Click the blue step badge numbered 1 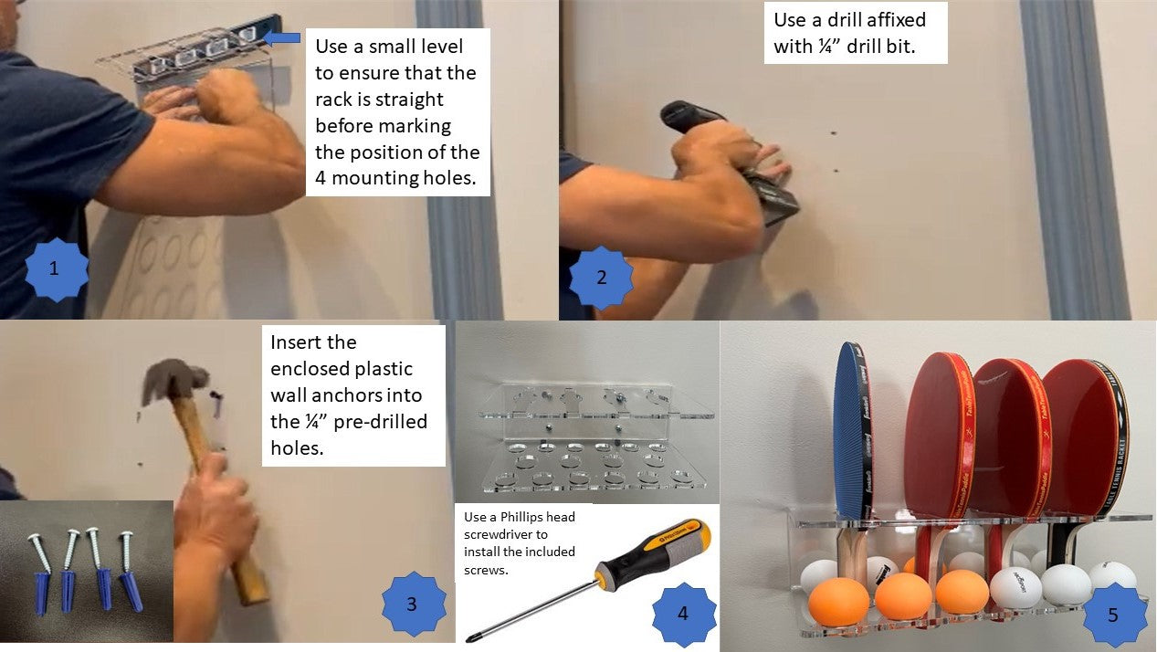55,268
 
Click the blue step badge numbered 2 601,277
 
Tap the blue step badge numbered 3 413,603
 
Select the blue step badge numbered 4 683,614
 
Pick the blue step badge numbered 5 1112,614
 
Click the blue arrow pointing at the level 282,38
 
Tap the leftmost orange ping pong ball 837,601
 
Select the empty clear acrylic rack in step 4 584,438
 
